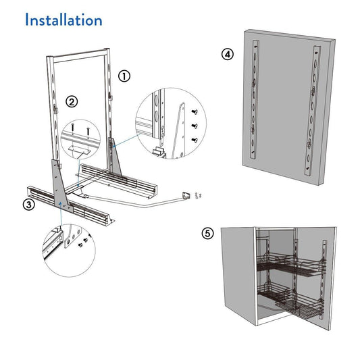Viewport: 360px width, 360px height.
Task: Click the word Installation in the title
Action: [x=63, y=20]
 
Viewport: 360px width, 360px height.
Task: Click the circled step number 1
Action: [x=124, y=76]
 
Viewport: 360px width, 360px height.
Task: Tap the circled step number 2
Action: [x=72, y=102]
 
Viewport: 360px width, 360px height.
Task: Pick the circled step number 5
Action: [x=209, y=234]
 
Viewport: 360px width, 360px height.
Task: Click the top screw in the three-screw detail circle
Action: [x=195, y=113]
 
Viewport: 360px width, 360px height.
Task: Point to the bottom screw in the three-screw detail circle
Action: [x=195, y=139]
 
